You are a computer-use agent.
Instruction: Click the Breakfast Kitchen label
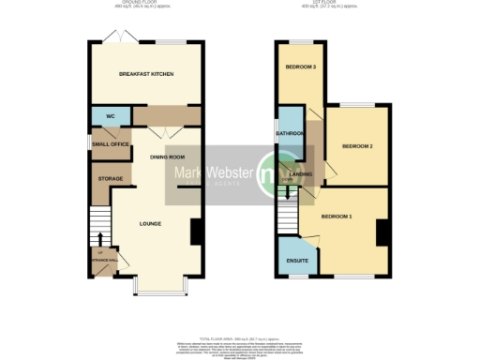144,75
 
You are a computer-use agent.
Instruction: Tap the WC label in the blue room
110,116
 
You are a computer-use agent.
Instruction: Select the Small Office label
111,143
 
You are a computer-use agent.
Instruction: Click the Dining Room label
168,157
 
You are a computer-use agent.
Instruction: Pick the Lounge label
150,223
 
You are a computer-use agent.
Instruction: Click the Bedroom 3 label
299,67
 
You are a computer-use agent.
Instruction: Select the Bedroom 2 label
357,147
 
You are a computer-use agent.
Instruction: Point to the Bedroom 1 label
337,217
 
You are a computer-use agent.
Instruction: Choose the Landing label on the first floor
301,173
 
